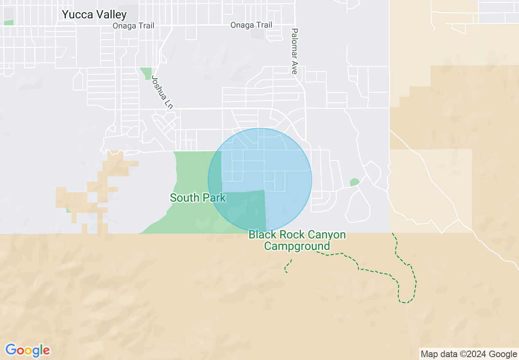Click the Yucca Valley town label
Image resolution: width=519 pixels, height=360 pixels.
pyautogui.click(x=94, y=15)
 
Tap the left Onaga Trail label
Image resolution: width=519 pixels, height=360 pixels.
pyautogui.click(x=134, y=26)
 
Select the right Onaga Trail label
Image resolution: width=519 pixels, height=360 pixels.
pyautogui.click(x=251, y=25)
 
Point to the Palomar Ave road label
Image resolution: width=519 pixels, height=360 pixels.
pyautogui.click(x=294, y=51)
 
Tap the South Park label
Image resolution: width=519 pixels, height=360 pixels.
pyautogui.click(x=198, y=198)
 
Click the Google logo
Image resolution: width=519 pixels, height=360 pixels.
pyautogui.click(x=27, y=350)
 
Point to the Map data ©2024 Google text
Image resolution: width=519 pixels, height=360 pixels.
pyautogui.click(x=469, y=354)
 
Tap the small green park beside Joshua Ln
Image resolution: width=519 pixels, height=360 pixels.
pyautogui.click(x=146, y=73)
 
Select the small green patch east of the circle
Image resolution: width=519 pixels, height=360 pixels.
pyautogui.click(x=354, y=182)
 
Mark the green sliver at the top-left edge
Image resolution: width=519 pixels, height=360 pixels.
pyautogui.click(x=8, y=22)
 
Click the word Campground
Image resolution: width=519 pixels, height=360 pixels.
pyautogui.click(x=297, y=246)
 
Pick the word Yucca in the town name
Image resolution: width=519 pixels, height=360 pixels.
pyautogui.click(x=76, y=15)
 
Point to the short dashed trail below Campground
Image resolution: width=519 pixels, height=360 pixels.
pyautogui.click(x=288, y=266)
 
